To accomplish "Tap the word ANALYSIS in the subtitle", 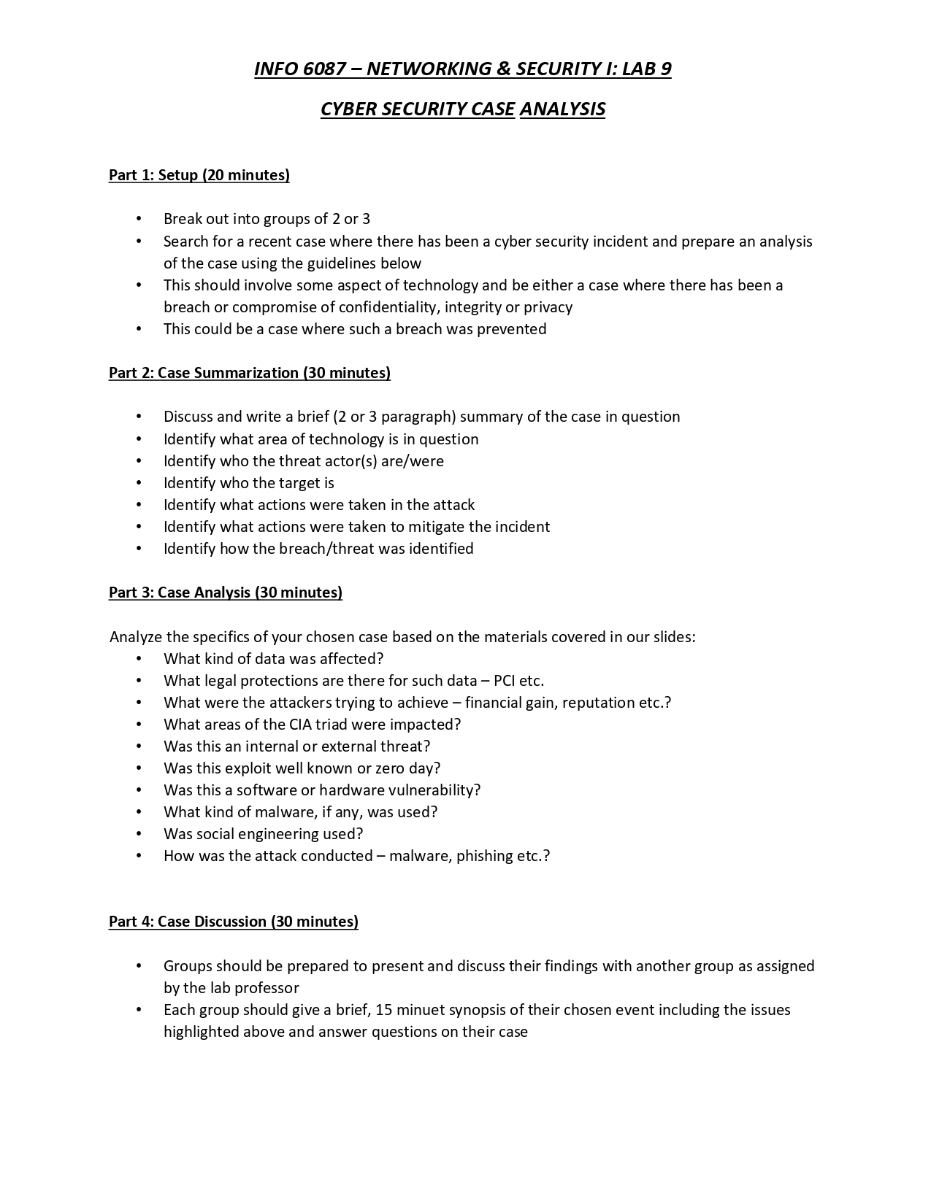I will (562, 109).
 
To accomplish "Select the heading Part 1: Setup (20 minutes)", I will (199, 175).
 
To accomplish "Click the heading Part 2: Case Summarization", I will (250, 373).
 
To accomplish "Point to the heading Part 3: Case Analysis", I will (226, 593).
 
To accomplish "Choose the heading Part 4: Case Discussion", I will (234, 922).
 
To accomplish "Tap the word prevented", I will (511, 329).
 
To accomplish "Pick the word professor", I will (264, 988).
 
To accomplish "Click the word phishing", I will (485, 856).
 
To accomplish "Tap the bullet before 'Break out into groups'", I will (139, 220).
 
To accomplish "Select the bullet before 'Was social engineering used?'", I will (139, 834).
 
